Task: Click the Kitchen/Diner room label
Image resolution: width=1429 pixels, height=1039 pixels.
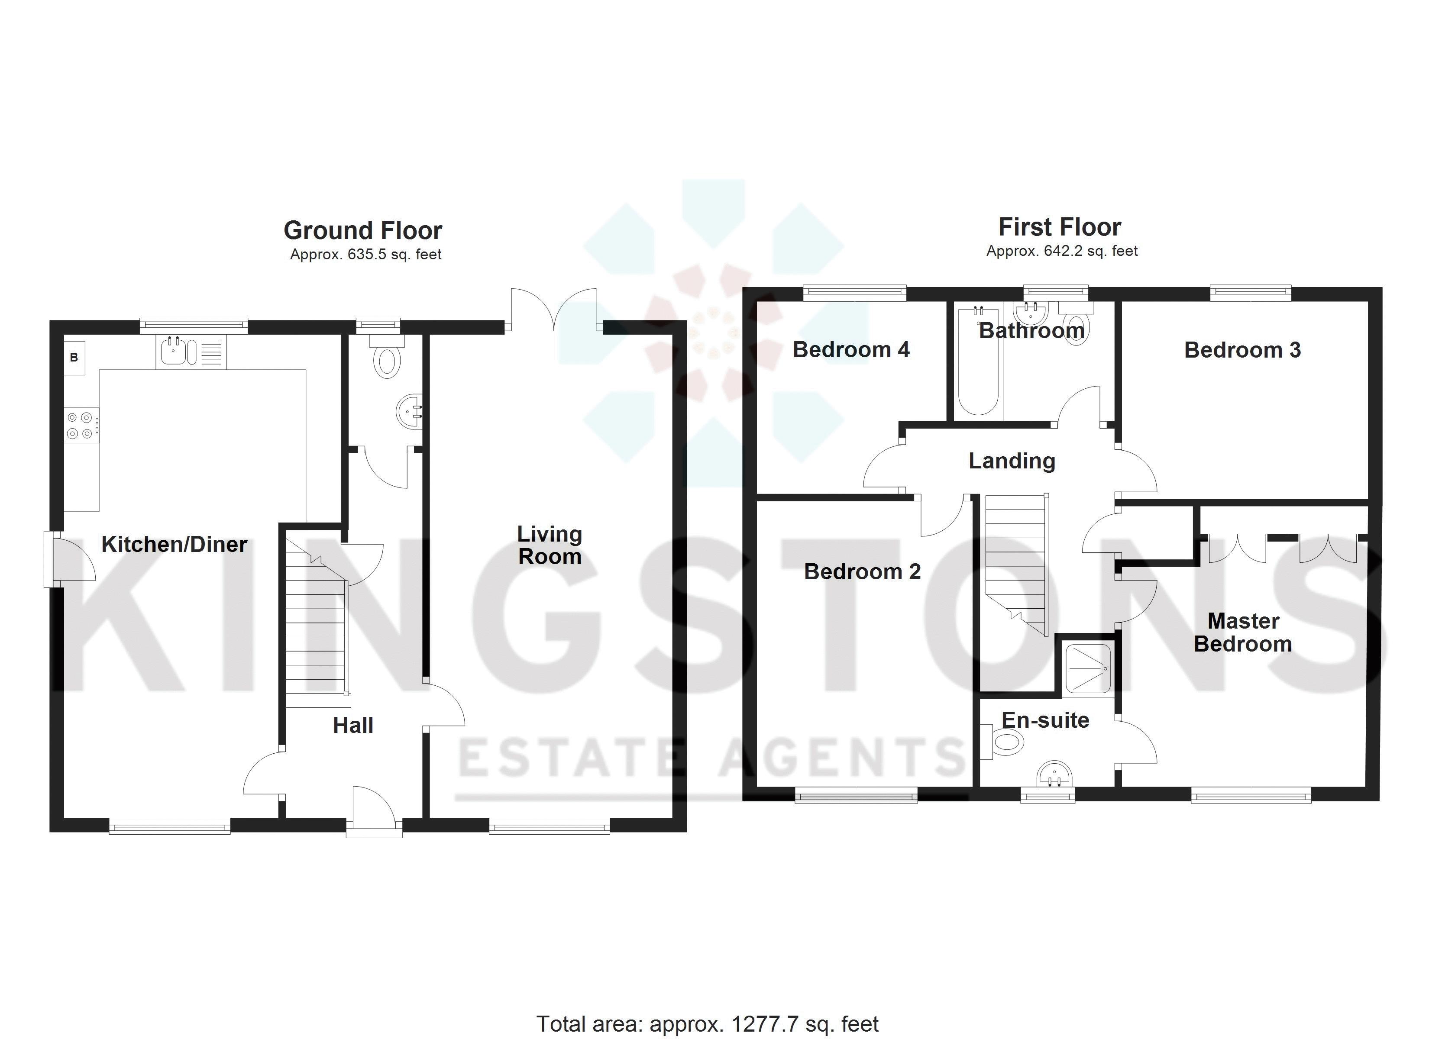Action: click(x=174, y=544)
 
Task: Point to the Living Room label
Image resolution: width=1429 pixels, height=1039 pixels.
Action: click(x=550, y=545)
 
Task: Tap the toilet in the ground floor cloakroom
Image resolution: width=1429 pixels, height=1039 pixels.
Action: click(x=386, y=361)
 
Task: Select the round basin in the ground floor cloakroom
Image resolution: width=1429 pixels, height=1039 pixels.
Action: click(x=410, y=413)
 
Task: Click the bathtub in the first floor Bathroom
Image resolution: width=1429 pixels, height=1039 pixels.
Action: click(x=978, y=378)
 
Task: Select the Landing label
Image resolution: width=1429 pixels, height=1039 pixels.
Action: click(x=1011, y=461)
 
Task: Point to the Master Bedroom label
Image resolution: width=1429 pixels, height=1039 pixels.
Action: click(x=1242, y=632)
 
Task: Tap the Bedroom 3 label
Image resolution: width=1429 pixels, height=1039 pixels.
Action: click(x=1242, y=350)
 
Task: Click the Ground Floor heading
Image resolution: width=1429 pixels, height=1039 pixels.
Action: click(x=363, y=231)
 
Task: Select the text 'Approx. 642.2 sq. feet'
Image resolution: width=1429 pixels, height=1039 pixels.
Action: click(x=1062, y=251)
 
